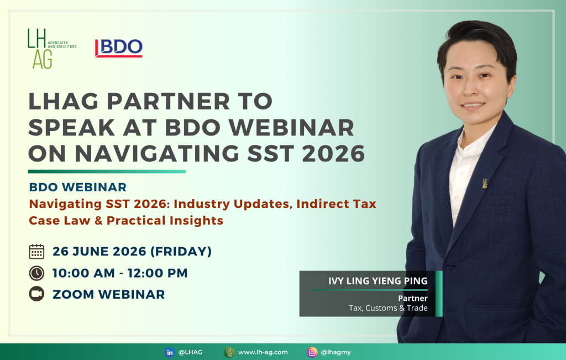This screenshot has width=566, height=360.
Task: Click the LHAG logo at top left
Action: coord(51,49)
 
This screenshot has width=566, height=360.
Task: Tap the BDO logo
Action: coord(119,48)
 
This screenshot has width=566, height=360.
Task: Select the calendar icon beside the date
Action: coord(36,251)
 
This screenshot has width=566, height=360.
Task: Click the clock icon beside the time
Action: coord(36,273)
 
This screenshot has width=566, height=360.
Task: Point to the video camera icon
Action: coord(36,294)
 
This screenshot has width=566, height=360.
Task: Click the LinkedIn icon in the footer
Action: coord(170,352)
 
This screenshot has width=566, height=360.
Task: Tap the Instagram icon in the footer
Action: coord(312,352)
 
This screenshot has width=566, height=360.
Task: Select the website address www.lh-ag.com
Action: coord(263,352)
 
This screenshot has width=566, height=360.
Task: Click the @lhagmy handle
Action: coord(336,352)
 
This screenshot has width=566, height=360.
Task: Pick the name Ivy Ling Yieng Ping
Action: coord(378,281)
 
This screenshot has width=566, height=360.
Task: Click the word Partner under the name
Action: coord(412,298)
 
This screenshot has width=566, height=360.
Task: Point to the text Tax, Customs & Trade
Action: coord(388,308)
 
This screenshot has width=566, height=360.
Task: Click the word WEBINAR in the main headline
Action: coord(292,127)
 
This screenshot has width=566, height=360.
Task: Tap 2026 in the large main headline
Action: coord(333,154)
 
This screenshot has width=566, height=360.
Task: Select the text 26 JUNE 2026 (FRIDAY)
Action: coord(132,251)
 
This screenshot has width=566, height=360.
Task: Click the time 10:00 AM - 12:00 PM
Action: coord(120,273)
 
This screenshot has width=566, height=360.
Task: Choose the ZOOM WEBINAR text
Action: coord(109,294)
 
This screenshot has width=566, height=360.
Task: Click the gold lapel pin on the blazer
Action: coord(484,184)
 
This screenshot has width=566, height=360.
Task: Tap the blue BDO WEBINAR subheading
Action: coord(77,187)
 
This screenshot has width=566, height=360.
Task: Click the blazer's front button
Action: coord(450,267)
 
